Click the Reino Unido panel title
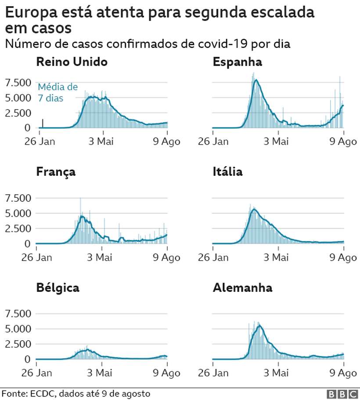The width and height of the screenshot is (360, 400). [72, 62]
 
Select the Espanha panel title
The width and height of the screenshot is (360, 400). [237, 62]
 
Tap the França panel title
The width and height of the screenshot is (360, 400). [56, 171]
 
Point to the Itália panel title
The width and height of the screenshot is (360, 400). [227, 171]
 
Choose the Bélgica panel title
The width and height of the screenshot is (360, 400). [58, 288]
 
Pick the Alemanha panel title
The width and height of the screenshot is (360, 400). [242, 288]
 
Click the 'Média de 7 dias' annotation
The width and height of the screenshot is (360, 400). [58, 92]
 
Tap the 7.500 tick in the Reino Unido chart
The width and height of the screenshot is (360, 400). [18, 82]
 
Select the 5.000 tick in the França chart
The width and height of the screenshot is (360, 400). [18, 213]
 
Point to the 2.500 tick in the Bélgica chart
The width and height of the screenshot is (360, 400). [18, 344]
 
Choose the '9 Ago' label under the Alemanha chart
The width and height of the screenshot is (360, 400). [343, 373]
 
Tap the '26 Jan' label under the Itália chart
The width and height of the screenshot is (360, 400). [213, 257]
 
